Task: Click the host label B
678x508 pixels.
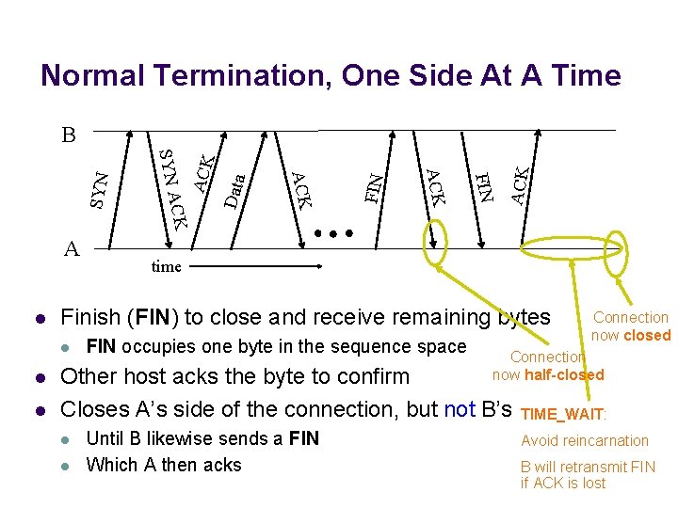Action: click(68, 135)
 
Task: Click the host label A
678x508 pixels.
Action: click(71, 248)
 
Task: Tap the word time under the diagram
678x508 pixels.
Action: click(166, 266)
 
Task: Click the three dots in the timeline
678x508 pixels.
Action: click(334, 232)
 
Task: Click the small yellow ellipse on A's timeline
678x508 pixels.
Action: click(438, 244)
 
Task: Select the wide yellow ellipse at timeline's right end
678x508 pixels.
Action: click(573, 248)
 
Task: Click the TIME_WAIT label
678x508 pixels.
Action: click(563, 413)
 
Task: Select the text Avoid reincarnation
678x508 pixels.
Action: click(584, 440)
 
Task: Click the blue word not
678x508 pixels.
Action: click(459, 409)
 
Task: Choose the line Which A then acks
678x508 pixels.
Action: click(163, 465)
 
